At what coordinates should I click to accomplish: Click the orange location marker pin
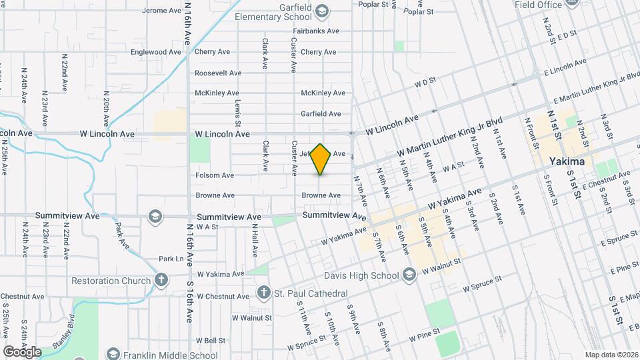click(321, 159)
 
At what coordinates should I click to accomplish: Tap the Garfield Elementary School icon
click(322, 10)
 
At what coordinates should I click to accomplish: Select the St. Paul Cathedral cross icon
click(264, 293)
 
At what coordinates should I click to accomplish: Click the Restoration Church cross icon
click(161, 280)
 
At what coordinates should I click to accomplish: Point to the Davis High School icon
click(409, 275)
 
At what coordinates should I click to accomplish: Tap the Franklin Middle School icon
click(113, 355)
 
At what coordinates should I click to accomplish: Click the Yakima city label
click(567, 162)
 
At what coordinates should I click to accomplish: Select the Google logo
click(22, 351)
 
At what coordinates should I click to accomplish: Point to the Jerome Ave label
click(162, 11)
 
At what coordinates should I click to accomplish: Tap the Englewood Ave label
click(156, 52)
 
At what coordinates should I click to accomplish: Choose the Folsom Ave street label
click(214, 175)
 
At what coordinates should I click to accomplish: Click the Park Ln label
click(171, 259)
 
